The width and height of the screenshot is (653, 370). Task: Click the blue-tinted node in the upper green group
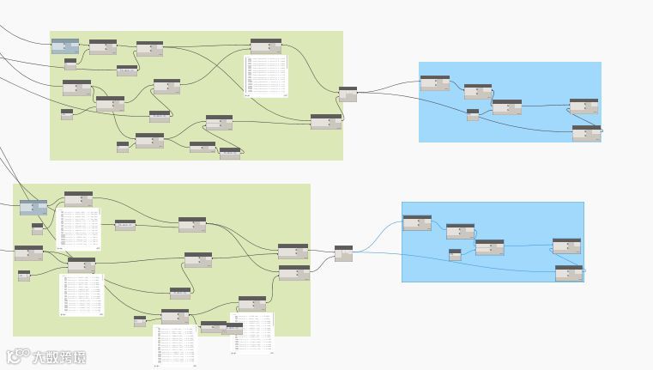tap(64, 45)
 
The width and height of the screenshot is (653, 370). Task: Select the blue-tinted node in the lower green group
tap(33, 208)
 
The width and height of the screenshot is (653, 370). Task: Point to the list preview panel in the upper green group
tap(266, 76)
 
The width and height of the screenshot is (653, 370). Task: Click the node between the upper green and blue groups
tap(348, 94)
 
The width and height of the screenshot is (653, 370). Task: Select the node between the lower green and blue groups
tap(343, 253)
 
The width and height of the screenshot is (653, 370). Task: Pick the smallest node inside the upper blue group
tap(473, 115)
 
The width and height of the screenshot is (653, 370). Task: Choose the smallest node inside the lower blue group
tap(455, 254)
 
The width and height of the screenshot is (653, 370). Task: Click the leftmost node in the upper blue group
tap(434, 83)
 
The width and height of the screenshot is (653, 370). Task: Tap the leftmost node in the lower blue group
tap(417, 223)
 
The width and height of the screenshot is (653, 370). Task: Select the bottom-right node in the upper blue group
tap(586, 133)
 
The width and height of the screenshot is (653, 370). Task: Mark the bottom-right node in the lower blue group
tap(568, 273)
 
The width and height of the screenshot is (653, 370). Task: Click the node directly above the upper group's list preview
tap(266, 45)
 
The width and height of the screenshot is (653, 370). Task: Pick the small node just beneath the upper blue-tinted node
tap(70, 64)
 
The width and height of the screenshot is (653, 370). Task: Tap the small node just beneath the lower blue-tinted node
tap(37, 228)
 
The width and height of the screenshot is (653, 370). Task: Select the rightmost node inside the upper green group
tap(325, 122)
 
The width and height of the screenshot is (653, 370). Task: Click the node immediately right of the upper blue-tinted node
tap(103, 46)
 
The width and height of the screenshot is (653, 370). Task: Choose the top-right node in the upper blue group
tap(583, 106)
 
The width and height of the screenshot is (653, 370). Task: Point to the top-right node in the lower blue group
tap(566, 246)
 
